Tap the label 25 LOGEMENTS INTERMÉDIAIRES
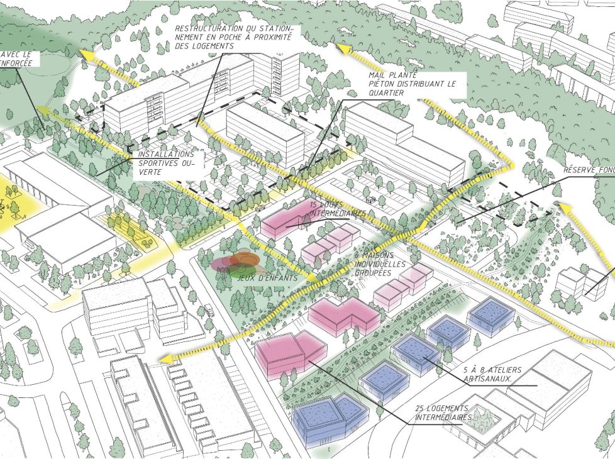point(443,412)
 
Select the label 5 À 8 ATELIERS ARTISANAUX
point(485,375)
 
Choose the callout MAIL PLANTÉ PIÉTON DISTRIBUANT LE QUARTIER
point(409,84)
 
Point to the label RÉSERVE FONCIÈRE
point(588,170)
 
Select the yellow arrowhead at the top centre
point(342,48)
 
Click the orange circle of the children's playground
point(245,258)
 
